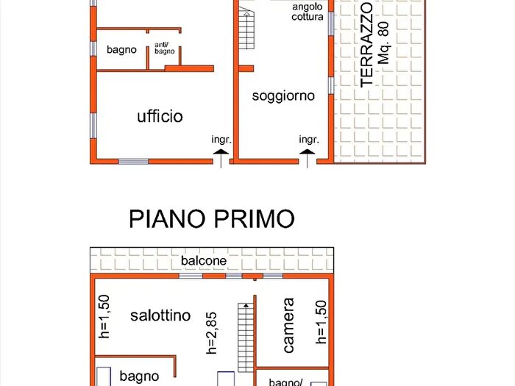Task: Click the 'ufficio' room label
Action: tap(160, 116)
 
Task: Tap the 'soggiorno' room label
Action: tap(283, 96)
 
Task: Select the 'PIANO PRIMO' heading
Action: tap(212, 219)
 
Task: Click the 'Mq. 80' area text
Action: tap(383, 43)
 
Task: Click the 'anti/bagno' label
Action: tap(164, 49)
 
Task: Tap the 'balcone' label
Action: tap(204, 261)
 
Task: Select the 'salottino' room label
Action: tap(160, 315)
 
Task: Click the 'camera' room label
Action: tap(288, 324)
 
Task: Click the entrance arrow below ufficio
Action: tap(220, 154)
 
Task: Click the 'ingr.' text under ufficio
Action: tap(221, 139)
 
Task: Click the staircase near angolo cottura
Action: tap(246, 29)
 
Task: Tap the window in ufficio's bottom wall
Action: tap(133, 161)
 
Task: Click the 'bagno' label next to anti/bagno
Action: tap(121, 50)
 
